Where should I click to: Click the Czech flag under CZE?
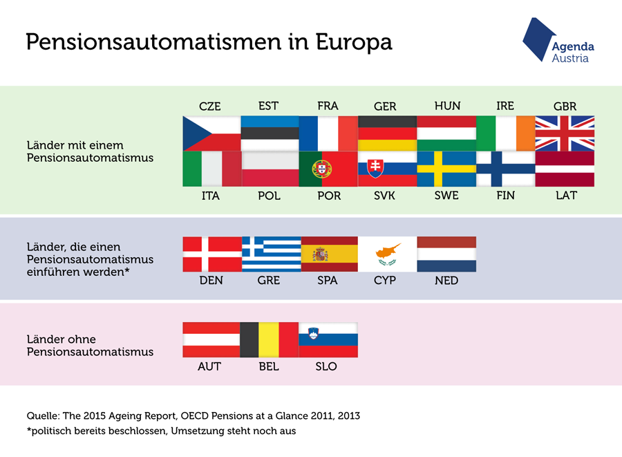[x=212, y=133]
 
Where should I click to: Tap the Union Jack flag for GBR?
[x=565, y=133]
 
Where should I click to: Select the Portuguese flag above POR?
[x=328, y=169]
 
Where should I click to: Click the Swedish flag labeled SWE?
[x=446, y=169]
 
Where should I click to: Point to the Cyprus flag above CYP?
[x=387, y=254]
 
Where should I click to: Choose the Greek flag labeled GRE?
[x=272, y=254]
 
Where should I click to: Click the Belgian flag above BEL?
[x=270, y=340]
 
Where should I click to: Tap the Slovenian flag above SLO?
[x=328, y=340]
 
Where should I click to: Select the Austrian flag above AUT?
[x=211, y=340]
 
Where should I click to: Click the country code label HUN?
[x=447, y=106]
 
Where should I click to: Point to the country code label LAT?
[x=566, y=195]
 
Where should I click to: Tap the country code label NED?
[x=446, y=281]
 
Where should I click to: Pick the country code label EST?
[x=269, y=106]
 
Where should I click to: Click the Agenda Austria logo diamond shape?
[x=538, y=39]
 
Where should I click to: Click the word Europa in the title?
[x=354, y=42]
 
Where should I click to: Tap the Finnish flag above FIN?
[x=506, y=169]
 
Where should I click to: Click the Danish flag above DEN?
[x=212, y=254]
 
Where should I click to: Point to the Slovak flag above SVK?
[x=387, y=169]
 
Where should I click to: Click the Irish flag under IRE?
[x=506, y=133]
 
